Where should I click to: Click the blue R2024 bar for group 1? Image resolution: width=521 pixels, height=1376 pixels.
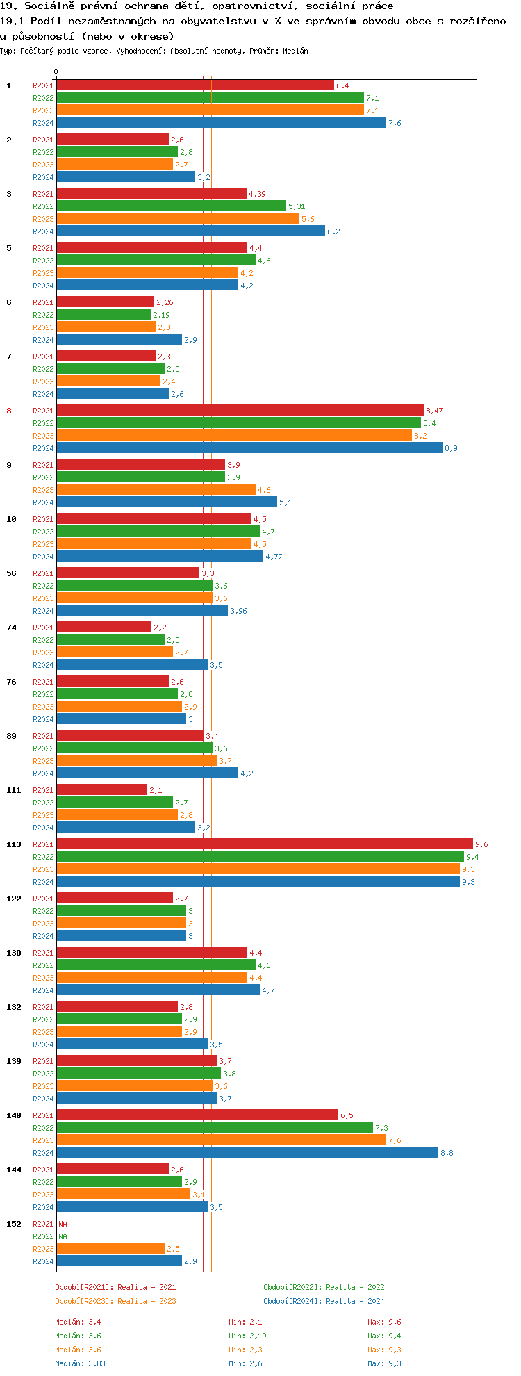[221, 123]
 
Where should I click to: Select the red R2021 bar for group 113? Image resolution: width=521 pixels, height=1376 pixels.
[264, 844]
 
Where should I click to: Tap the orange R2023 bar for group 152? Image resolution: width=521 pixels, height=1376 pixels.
[110, 1249]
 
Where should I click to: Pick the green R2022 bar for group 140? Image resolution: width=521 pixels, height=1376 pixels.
[215, 1128]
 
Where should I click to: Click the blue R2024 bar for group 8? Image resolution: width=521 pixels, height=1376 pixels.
[249, 448]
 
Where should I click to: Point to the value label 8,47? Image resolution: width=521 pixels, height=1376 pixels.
[434, 411]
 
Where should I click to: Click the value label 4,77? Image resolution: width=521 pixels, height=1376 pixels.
[274, 557]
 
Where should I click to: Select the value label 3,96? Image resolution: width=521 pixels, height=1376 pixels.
[238, 611]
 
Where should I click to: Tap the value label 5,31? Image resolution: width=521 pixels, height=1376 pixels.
[297, 206]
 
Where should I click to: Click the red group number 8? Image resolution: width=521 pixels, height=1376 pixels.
[9, 411]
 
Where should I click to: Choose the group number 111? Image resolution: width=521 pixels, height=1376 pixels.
[13, 790]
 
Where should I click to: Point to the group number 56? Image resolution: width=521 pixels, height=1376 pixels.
[11, 573]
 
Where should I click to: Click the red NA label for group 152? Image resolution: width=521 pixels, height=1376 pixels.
[63, 1224]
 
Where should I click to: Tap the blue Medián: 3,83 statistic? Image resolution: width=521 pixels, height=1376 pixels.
[80, 1363]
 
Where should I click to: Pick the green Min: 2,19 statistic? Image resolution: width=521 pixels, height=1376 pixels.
[247, 1336]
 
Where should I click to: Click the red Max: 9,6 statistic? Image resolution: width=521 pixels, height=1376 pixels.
[384, 1322]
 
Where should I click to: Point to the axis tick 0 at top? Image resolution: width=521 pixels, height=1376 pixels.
[56, 72]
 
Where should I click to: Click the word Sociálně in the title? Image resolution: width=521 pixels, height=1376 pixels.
[50, 6]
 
